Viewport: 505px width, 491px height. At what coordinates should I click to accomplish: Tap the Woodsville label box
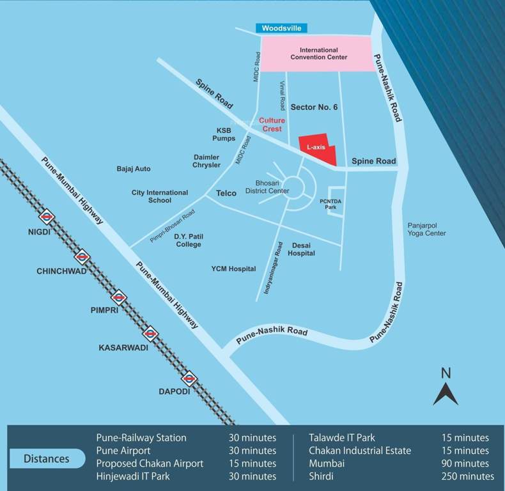click(281, 28)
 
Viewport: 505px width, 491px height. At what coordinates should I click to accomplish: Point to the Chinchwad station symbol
click(82, 257)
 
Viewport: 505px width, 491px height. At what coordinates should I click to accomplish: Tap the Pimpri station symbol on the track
click(118, 297)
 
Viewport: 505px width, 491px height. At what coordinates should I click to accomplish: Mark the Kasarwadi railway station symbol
click(150, 333)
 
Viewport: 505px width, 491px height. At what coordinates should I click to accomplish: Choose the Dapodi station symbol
click(188, 378)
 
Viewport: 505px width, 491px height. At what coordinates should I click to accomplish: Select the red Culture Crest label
click(270, 125)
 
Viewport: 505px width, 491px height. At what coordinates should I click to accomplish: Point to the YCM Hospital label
click(233, 269)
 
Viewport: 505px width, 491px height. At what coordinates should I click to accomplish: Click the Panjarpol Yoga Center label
click(426, 230)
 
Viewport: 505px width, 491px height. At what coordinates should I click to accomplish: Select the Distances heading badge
click(47, 458)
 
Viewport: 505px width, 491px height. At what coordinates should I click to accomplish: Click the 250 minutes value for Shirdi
click(467, 476)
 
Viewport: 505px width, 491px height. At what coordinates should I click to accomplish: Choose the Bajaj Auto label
click(134, 169)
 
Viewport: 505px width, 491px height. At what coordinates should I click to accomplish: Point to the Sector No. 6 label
click(314, 107)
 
